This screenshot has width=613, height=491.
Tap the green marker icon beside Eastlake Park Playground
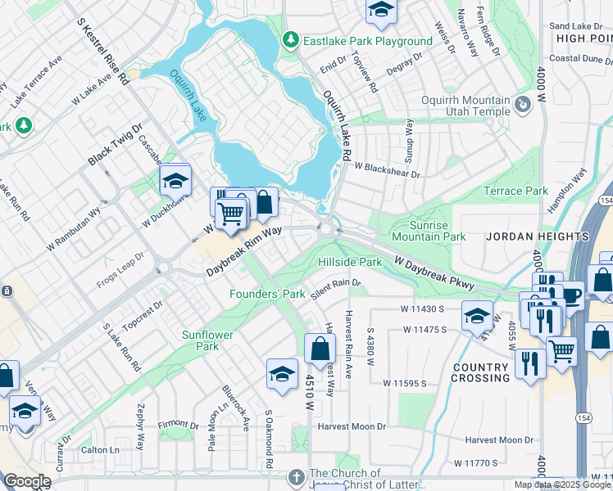coord(290,40)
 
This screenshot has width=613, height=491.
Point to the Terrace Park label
coord(515,191)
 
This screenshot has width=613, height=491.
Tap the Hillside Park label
coord(350,262)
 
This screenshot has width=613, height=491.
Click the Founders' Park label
coord(267,293)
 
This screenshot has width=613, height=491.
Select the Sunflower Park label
coord(207,340)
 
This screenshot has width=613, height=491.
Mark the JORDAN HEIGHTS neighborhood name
coord(538,236)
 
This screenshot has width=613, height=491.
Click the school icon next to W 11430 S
coord(477,314)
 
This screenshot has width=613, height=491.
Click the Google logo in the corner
coord(27,481)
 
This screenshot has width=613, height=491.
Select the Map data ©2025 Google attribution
coord(561,484)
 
